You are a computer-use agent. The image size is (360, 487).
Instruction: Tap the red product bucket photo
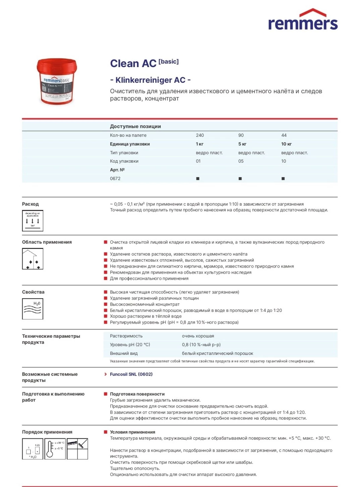pos(57,82)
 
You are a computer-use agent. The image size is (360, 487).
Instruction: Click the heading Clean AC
pos(133,63)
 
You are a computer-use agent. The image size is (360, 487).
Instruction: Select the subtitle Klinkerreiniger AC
pos(151,80)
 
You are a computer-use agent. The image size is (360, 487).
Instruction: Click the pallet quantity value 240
pos(200,135)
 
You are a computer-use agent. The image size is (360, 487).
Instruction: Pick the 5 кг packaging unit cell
pos(242,144)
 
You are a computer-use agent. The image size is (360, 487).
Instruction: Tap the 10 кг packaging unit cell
pos(286,144)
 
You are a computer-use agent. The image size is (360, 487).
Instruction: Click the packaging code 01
pos(198,161)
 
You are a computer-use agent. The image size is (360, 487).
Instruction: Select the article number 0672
pos(115,178)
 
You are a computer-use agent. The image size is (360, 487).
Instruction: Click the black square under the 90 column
pos(240,178)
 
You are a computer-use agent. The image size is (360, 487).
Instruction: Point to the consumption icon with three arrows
pos(33,221)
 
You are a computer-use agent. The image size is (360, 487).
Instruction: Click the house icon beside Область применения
pos(33,259)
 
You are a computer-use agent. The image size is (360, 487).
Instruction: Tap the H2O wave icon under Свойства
pos(33,309)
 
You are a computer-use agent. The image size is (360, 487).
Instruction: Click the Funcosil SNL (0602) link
pos(131,374)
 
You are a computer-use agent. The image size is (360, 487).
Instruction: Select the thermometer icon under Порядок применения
pos(55,449)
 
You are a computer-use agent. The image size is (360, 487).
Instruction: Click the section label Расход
pos(30,204)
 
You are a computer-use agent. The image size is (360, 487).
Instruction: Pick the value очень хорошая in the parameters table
pos(198,336)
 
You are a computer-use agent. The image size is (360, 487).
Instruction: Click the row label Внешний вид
pos(124,353)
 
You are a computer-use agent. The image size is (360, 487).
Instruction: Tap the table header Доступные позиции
pos(135,126)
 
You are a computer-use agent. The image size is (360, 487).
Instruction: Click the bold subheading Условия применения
pos(132,432)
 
